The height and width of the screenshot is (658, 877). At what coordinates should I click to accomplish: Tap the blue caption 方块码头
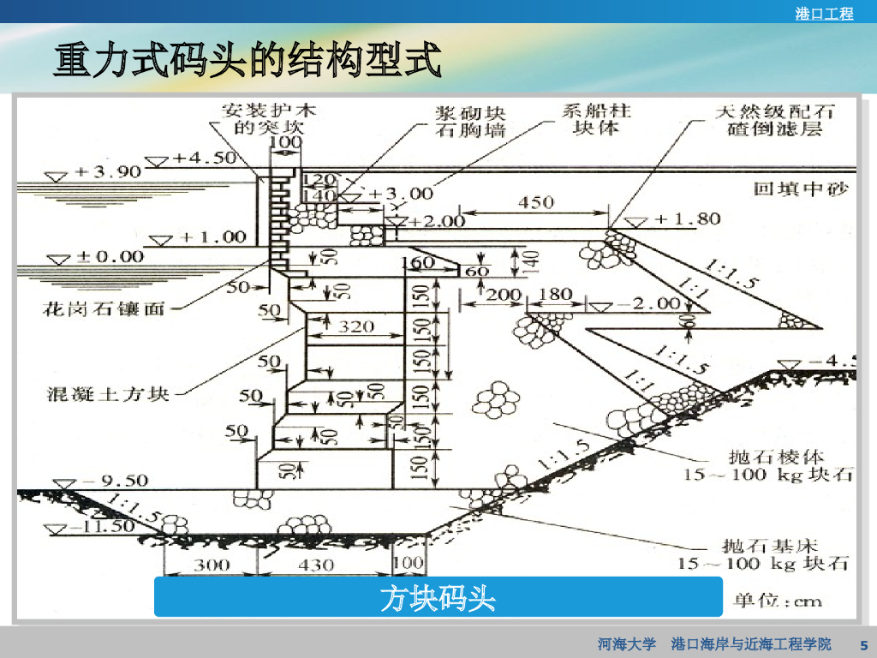click(438, 597)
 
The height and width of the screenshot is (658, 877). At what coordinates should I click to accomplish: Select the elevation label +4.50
click(203, 159)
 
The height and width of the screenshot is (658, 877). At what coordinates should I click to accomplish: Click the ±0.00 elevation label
click(109, 255)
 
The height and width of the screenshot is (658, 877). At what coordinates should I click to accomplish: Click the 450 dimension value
click(536, 203)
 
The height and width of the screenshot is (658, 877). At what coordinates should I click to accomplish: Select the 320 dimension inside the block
click(356, 326)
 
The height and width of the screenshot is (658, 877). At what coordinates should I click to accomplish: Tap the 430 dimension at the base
click(318, 564)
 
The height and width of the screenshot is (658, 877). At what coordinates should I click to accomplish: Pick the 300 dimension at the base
click(211, 564)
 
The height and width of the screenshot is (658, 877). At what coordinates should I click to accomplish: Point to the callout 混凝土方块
click(108, 394)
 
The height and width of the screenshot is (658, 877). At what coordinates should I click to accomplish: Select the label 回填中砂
click(800, 189)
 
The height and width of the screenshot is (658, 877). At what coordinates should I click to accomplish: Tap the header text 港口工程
click(824, 14)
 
